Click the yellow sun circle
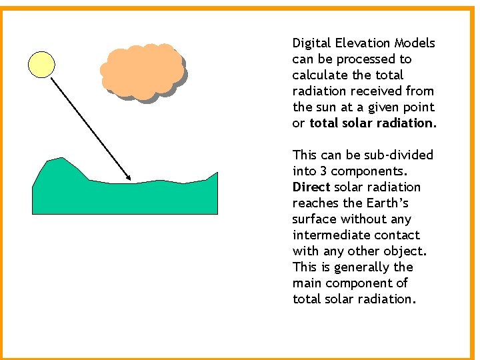(x=41, y=64)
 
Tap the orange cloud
(x=142, y=71)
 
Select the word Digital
(x=311, y=43)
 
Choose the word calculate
(x=319, y=75)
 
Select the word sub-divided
(x=399, y=155)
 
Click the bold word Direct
(x=311, y=187)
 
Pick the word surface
(x=315, y=219)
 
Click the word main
(x=307, y=283)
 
